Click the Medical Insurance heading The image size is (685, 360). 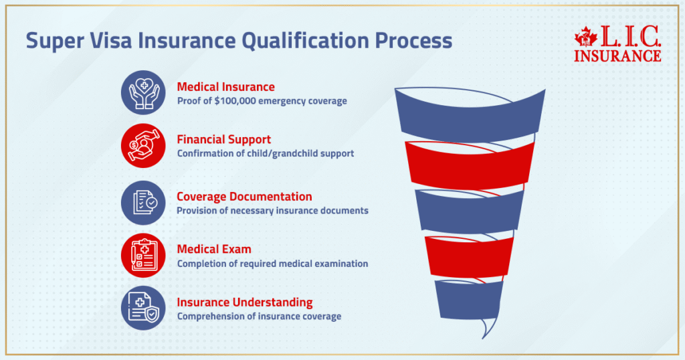225,87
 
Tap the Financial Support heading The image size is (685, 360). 223,139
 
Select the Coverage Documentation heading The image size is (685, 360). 244,197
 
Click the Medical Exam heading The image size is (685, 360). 214,249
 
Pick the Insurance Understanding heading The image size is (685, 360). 244,302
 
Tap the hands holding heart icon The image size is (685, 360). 143,93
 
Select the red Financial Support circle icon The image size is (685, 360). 143,145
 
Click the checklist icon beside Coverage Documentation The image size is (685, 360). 143,202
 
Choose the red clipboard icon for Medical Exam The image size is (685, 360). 143,255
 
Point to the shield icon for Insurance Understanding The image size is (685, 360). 143,307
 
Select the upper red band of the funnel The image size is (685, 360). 470,163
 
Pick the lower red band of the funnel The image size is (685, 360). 470,254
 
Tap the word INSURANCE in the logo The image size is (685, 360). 617,55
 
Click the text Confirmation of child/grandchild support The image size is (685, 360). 266,153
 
